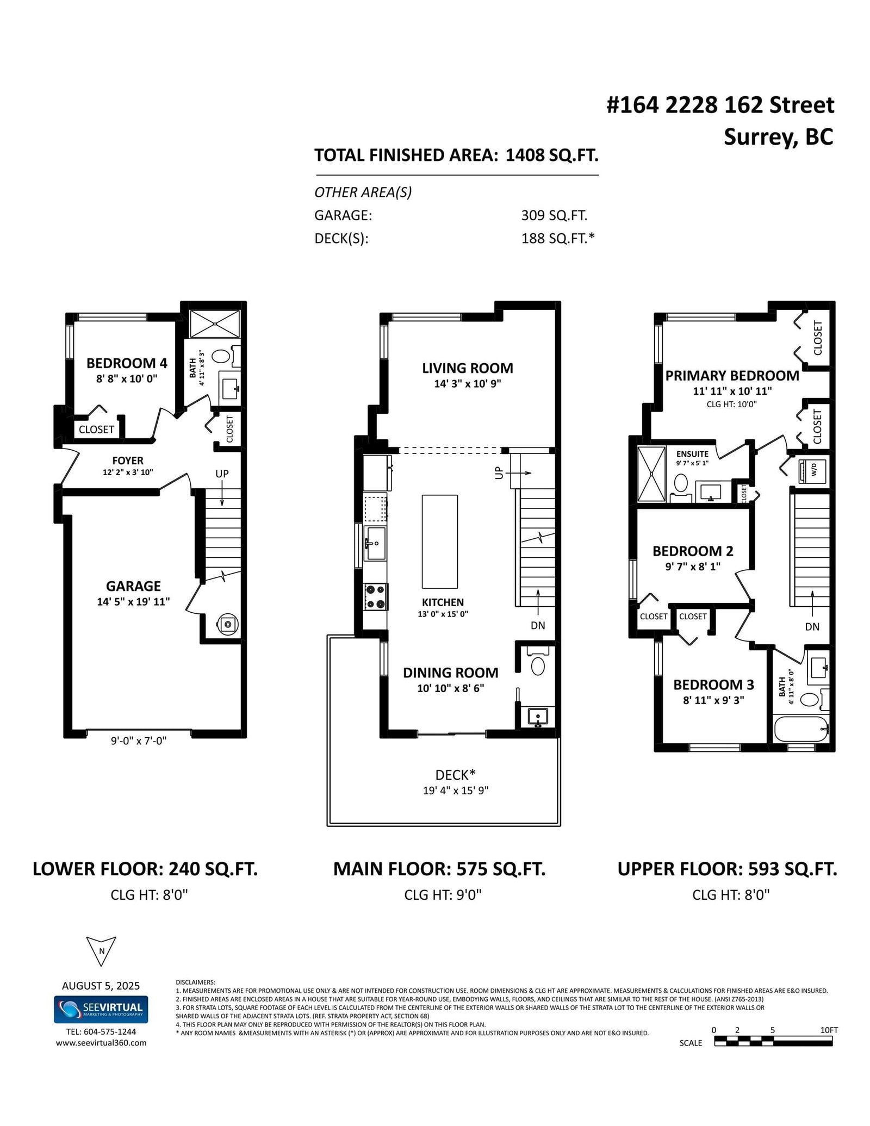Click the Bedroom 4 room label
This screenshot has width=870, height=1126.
(x=127, y=363)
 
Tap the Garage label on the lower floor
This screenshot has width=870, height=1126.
(x=133, y=586)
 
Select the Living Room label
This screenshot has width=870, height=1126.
(x=468, y=368)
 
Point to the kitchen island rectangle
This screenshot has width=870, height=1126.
(x=440, y=542)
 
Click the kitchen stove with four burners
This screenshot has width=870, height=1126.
(x=375, y=596)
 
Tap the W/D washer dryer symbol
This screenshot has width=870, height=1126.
(x=813, y=471)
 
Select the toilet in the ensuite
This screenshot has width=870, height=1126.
(x=681, y=482)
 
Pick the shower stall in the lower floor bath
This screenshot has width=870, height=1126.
(x=214, y=324)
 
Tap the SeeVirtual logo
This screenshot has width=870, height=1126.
(x=101, y=1009)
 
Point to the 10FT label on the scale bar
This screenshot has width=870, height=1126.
(x=829, y=1030)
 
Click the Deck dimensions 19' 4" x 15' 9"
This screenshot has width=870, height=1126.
(x=456, y=790)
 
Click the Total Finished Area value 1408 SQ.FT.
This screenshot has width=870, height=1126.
(x=552, y=155)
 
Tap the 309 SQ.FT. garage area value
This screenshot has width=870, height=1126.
(x=554, y=215)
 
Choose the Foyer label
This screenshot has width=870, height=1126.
(x=128, y=461)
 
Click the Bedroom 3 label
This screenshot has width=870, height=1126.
(x=713, y=685)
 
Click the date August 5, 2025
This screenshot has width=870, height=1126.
(x=101, y=986)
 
